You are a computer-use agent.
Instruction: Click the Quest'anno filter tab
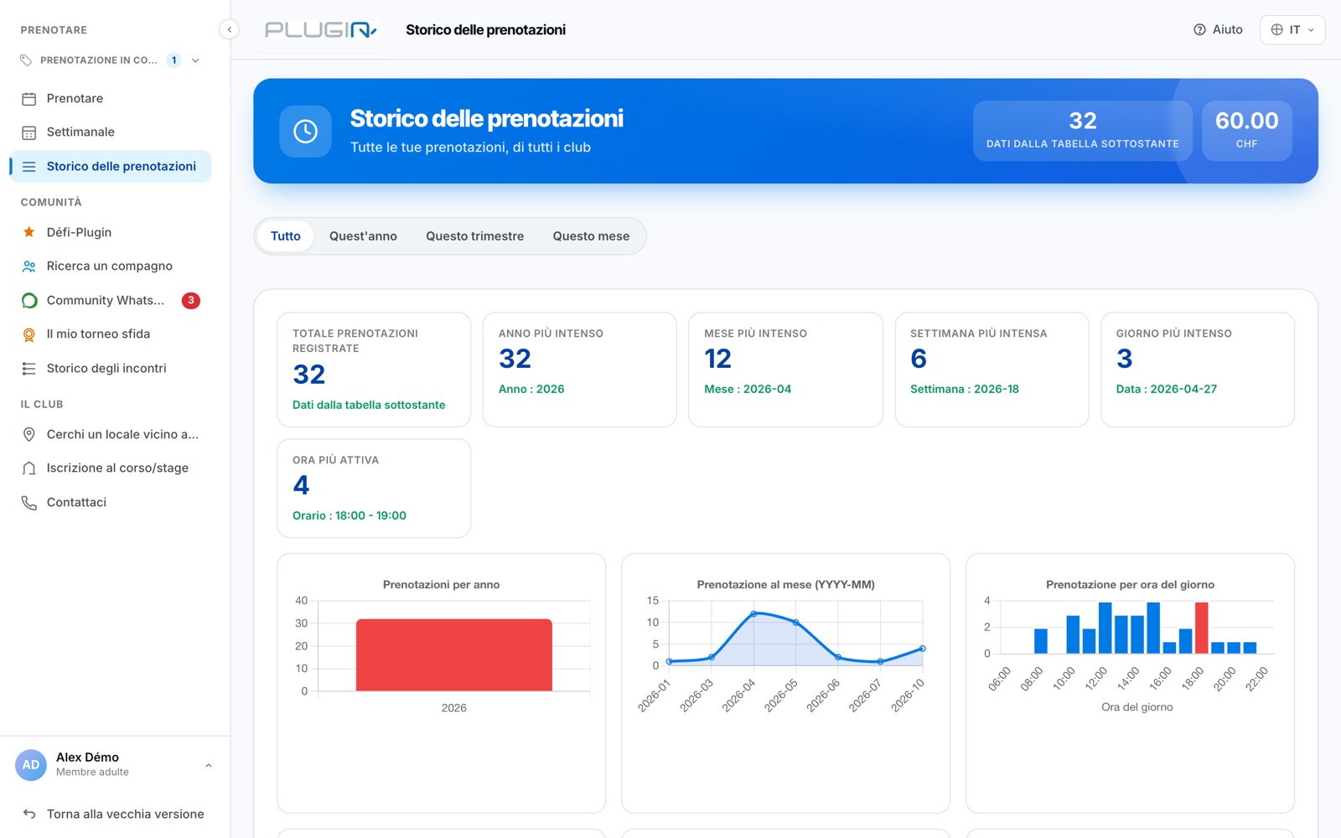tap(363, 235)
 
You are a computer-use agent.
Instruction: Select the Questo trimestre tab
tap(474, 235)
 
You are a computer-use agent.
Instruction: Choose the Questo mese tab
tap(591, 235)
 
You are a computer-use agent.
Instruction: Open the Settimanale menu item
tap(80, 132)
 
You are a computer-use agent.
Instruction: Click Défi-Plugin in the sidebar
tap(79, 232)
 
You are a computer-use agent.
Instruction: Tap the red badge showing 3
tap(191, 300)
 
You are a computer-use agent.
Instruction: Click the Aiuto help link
tap(1218, 29)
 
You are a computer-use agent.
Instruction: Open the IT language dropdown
tap(1292, 29)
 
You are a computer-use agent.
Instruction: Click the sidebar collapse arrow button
tap(230, 29)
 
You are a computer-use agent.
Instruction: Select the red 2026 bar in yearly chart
tap(453, 654)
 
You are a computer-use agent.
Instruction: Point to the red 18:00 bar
tap(1201, 628)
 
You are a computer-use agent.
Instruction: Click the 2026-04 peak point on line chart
tap(753, 613)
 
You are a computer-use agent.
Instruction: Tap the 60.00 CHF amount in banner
tap(1246, 130)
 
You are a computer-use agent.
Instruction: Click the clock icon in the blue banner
tap(305, 131)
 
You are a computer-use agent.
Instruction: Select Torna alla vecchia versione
tap(125, 814)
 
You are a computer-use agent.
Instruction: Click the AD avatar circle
tap(30, 764)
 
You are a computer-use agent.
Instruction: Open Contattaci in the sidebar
tap(76, 502)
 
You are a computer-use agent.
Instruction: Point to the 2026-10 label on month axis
tap(908, 695)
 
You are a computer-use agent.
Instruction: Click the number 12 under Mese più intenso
tap(717, 359)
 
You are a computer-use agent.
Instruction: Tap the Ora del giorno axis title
tap(1136, 707)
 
